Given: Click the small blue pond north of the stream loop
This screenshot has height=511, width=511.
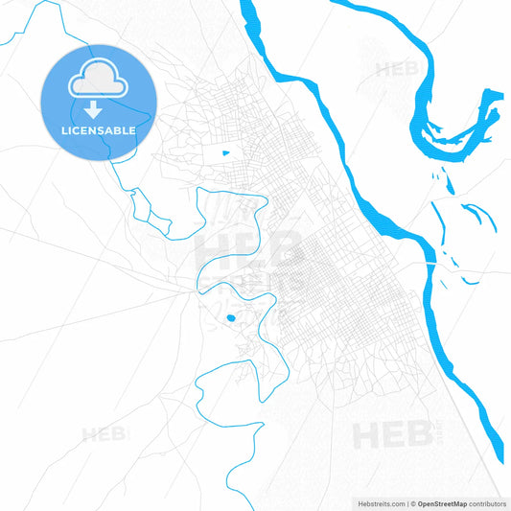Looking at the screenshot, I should (226, 152).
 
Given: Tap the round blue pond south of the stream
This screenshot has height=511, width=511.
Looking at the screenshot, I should (230, 318).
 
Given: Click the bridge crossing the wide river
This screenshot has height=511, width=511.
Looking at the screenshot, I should (433, 261).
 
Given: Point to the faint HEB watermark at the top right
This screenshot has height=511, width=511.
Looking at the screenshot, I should (399, 69).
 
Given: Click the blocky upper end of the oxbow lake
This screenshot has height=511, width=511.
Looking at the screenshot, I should (491, 99).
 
